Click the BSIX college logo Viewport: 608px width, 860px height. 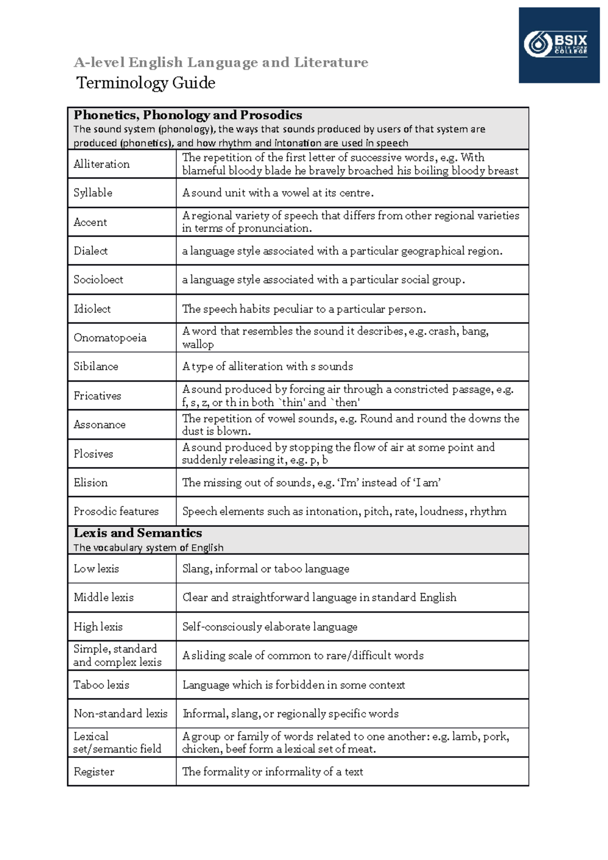pos(558,45)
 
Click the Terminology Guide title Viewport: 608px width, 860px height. pos(146,83)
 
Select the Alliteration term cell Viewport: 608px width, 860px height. pos(102,164)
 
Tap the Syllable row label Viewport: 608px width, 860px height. pos(93,193)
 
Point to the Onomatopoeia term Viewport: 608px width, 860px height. pos(110,338)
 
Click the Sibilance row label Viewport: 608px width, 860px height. pos(96,367)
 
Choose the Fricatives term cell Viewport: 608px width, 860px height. pos(97,396)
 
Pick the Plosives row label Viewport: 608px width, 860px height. pos(93,454)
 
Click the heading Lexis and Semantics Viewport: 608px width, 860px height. pos(138,533)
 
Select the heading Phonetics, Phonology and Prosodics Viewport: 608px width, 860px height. pos(188,115)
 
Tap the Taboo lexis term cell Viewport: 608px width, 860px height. pos(101,685)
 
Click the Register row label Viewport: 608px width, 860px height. pos(94,772)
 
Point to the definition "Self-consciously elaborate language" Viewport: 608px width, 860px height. pos(270,627)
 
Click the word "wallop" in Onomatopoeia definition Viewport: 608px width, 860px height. pos(198,344)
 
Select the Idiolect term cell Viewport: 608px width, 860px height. pos(92,309)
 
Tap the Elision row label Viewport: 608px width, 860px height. pos(91,483)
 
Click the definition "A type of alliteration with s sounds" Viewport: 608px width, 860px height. pos(268,367)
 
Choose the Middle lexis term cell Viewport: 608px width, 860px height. pos(104,598)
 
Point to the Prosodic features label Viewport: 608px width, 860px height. pos(116,512)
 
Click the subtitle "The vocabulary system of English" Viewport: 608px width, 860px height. pos(148,548)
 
